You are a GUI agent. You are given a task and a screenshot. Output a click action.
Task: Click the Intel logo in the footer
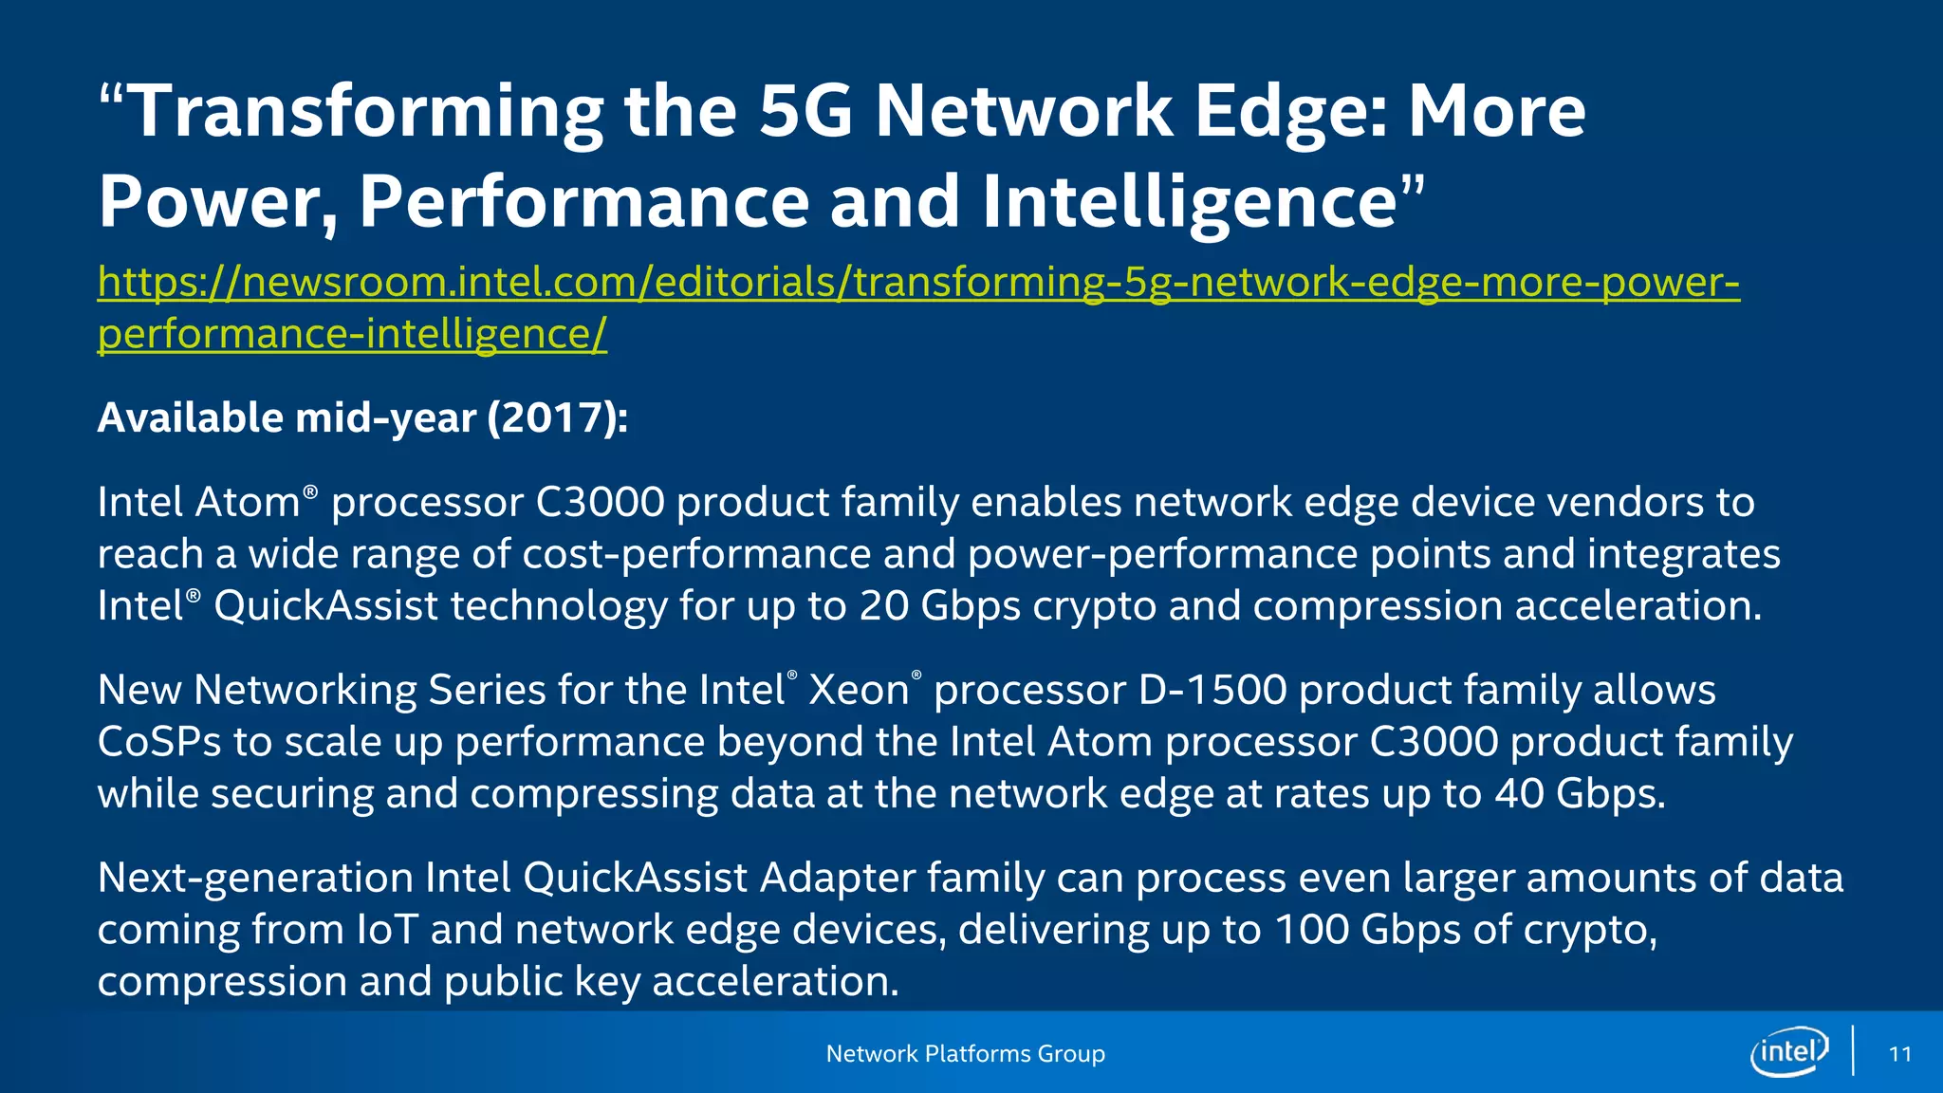click(x=1789, y=1051)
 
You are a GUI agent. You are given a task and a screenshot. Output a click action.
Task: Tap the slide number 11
click(x=1899, y=1054)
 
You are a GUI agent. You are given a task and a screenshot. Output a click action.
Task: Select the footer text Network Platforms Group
click(x=965, y=1053)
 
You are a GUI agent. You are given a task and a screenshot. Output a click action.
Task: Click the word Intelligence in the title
click(x=1189, y=201)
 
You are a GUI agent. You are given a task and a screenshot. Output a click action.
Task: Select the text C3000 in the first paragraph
click(x=600, y=502)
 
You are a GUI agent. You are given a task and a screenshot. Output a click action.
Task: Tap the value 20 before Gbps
click(x=883, y=605)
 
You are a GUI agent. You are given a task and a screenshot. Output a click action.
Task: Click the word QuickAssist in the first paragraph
click(x=325, y=605)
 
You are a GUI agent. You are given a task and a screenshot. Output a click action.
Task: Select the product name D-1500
click(x=1212, y=690)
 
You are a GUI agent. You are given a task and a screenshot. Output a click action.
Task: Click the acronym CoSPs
click(x=159, y=742)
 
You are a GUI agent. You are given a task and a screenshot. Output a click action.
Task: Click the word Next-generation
click(x=255, y=878)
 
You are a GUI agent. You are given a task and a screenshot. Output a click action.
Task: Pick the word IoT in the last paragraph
click(x=387, y=930)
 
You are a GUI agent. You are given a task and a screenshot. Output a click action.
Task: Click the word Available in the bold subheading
click(x=190, y=417)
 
